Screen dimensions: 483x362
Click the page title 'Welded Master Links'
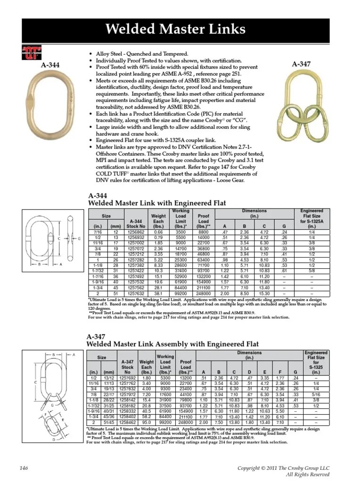[181, 30]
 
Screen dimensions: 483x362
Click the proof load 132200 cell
[203, 275]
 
